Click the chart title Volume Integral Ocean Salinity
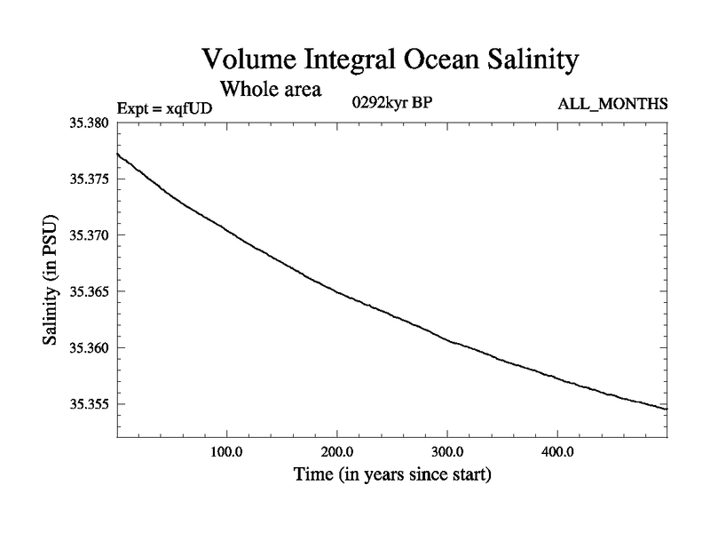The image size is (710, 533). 390,60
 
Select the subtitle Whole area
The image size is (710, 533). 271,89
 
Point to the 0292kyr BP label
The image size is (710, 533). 392,102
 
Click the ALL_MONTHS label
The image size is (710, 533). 612,105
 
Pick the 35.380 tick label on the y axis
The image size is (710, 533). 89,123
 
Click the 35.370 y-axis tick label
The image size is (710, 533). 89,235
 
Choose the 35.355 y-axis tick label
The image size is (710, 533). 89,404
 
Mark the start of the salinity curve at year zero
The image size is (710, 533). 118,155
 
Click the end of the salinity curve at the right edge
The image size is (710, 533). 667,409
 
